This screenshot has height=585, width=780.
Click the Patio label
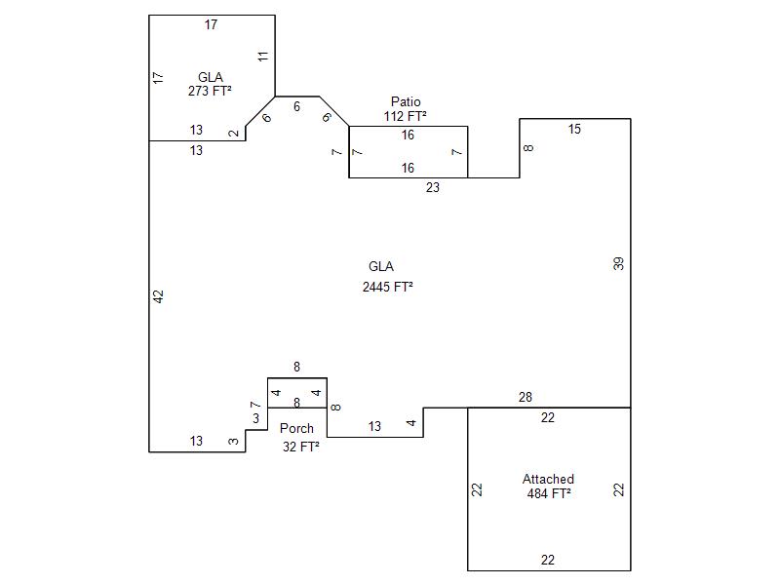coord(406,101)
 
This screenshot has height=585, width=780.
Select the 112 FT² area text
coord(406,116)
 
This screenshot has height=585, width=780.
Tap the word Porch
coord(296,428)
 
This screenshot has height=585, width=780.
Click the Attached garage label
coord(548,479)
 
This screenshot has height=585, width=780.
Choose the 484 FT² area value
coord(548,493)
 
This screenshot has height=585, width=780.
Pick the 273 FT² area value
coord(210,91)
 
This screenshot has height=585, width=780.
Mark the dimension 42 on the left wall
coord(159,295)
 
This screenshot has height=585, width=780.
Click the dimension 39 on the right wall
coord(618,263)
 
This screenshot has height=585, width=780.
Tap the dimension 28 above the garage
coord(526,397)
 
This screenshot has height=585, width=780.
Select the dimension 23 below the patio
coord(432,188)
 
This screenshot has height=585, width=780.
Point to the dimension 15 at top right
coord(574,129)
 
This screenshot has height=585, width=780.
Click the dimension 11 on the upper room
coord(263,57)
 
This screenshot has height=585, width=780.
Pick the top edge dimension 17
coord(211,24)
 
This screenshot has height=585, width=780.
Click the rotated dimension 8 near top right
coord(529,148)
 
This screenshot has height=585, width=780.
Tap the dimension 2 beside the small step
coord(233,134)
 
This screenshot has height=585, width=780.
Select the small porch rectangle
coord(297,393)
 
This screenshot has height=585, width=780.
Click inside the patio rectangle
coord(408,152)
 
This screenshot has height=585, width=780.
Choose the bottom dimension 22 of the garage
coord(548,560)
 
